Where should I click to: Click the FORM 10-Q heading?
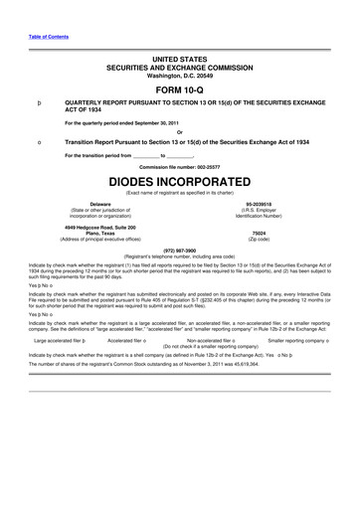tap(179, 88)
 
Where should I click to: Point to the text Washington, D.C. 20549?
tap(179, 76)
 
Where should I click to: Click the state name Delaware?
tap(100, 204)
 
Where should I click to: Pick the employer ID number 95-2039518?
tap(259, 204)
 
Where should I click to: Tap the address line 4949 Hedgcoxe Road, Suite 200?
tap(100, 228)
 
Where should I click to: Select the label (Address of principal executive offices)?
tap(100, 240)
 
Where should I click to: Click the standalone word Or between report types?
tap(179, 131)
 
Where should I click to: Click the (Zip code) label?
tap(259, 240)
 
